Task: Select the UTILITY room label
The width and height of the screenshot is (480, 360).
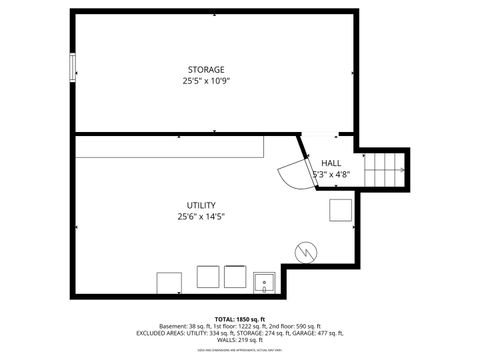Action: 201,205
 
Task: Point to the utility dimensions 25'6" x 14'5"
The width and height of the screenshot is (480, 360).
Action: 201,216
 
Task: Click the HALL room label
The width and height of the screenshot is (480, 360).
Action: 330,163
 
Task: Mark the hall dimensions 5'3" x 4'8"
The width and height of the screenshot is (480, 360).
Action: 330,174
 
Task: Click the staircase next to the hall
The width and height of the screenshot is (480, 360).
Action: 386,169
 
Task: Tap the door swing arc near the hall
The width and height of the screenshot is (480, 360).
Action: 292,175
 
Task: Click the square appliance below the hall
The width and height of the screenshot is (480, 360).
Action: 341,209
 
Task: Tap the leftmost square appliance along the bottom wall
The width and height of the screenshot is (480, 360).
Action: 167,281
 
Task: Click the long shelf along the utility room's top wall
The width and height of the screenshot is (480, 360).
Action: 170,147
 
